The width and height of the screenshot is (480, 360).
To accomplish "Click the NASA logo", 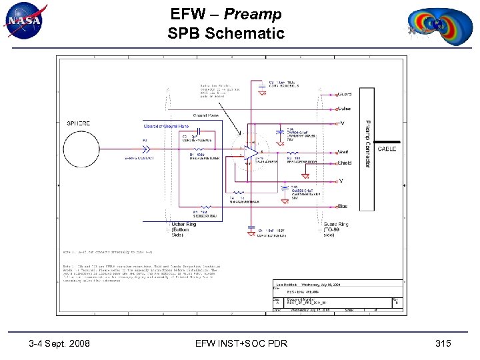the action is point(25,21).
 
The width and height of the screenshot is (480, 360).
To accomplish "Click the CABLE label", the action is point(387,149).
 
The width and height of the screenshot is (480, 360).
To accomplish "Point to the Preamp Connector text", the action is point(367,144).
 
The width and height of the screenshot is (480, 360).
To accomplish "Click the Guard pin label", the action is point(345,94).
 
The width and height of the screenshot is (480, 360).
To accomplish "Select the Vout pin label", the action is point(344,152).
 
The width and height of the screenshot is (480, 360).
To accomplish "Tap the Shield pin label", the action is point(344,163).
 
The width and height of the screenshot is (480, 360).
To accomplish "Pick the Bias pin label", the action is point(343,207).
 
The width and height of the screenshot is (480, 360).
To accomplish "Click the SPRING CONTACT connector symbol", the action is point(145,149).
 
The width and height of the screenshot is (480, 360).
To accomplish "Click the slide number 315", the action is point(443,343).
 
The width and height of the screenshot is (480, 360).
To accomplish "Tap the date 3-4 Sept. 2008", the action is point(60,343).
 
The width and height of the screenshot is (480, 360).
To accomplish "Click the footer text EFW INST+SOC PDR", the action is point(241,343).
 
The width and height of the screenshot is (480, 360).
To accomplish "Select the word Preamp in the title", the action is point(253,14).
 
